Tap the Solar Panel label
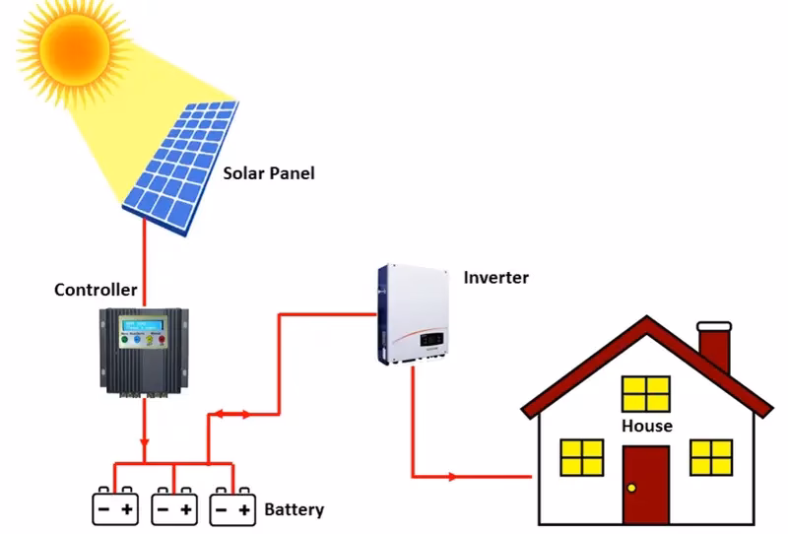pyautogui.click(x=268, y=173)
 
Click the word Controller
pyautogui.click(x=96, y=290)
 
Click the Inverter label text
pyautogui.click(x=495, y=277)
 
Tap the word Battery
pyautogui.click(x=294, y=509)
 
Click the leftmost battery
pyautogui.click(x=115, y=505)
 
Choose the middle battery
pyautogui.click(x=174, y=505)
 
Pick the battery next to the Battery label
pyautogui.click(x=233, y=505)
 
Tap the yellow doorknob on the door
pyautogui.click(x=630, y=488)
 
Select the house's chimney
pyautogui.click(x=714, y=348)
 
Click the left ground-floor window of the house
pyautogui.click(x=581, y=457)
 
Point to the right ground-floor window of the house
pyautogui.click(x=711, y=457)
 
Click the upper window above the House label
pyautogui.click(x=646, y=394)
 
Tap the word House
pyautogui.click(x=646, y=426)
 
